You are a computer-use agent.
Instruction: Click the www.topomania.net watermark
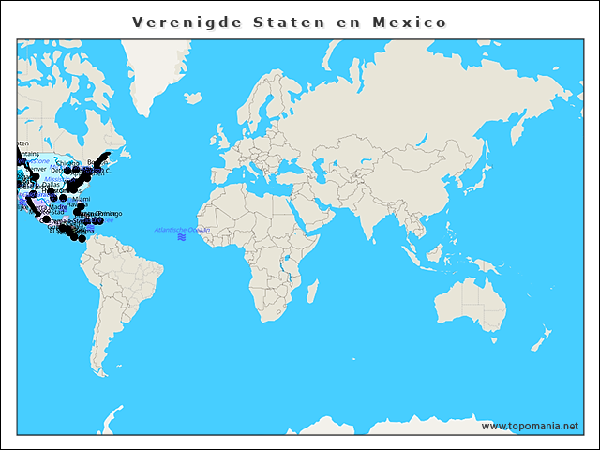tap(530, 427)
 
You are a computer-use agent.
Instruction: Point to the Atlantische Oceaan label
tap(181, 230)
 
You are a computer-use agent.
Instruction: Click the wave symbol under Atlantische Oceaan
tap(181, 238)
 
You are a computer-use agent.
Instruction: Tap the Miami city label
tap(82, 200)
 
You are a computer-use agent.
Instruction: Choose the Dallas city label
tap(51, 185)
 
